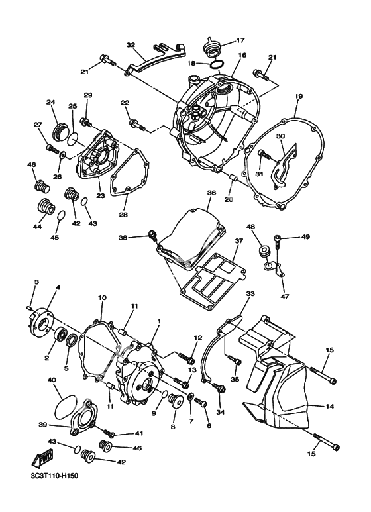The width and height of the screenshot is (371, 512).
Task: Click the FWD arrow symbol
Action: coord(40,459)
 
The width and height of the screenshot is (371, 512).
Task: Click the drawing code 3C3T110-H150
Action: coord(52,476)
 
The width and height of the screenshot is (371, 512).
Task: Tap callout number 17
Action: coord(240,40)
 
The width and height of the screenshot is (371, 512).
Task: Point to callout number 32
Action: coord(131,45)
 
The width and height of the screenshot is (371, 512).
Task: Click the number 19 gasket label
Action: coord(299,96)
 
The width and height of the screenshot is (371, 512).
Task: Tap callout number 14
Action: coord(329,407)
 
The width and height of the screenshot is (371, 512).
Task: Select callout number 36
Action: coord(211,193)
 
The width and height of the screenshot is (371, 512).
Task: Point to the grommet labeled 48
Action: coord(263,252)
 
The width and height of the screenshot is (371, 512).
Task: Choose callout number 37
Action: coord(238,241)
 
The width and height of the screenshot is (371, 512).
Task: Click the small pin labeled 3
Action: coord(28,307)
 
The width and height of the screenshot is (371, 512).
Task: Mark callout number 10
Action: coord(102,298)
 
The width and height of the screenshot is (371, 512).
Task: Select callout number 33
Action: coord(250,294)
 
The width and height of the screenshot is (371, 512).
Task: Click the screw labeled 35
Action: coord(235,360)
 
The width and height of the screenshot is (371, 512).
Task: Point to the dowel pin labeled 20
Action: coord(231,179)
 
